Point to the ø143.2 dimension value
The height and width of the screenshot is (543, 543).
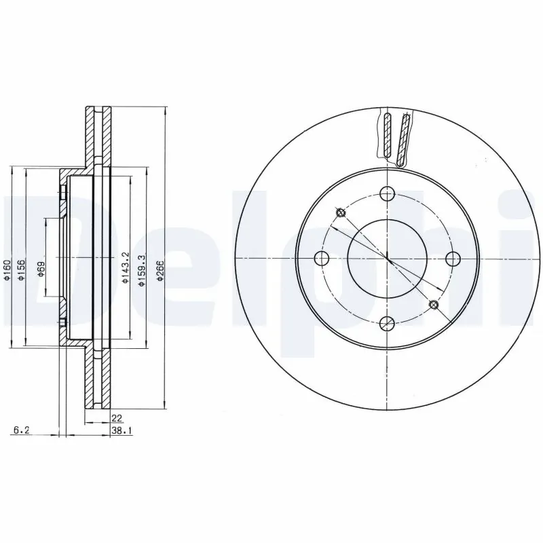tap(125, 267)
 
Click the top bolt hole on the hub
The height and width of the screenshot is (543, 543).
tap(387, 193)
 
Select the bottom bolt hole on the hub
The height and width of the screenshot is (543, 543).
tap(387, 323)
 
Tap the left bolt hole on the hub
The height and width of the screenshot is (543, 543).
tap(322, 259)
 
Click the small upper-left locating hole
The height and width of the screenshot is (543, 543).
tap(341, 214)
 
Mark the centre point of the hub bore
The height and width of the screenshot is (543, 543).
tap(387, 259)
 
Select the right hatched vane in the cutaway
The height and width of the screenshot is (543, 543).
tap(405, 139)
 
